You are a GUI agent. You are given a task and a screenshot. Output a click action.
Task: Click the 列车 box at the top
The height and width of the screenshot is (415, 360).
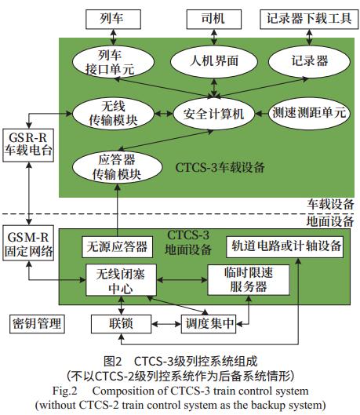(113, 20)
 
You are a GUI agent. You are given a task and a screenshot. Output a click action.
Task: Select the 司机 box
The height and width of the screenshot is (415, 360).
(213, 20)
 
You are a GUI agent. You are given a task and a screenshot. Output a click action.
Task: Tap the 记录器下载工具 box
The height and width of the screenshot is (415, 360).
(309, 20)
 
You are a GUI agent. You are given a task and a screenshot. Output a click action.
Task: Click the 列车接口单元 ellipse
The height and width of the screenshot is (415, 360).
(113, 62)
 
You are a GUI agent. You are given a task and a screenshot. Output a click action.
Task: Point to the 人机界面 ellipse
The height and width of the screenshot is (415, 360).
(213, 61)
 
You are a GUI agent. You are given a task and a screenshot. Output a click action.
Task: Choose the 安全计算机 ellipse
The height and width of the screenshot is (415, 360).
(213, 114)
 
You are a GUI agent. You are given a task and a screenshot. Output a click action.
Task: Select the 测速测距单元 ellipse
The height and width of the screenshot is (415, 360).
(309, 113)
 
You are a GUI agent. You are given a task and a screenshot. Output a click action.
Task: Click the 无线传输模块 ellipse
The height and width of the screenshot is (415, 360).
(113, 114)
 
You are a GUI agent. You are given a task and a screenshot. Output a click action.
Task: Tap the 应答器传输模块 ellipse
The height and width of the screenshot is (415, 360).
(117, 167)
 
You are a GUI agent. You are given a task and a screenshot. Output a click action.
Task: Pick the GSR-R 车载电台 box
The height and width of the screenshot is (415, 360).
(28, 145)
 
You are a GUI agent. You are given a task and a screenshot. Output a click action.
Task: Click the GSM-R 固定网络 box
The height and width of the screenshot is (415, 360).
(28, 243)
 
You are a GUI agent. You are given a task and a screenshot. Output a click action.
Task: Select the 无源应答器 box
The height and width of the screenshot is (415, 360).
(117, 247)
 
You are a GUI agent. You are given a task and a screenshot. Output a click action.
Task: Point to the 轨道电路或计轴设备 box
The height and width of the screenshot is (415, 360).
(285, 246)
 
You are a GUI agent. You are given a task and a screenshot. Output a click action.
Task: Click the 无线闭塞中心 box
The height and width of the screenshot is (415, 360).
(121, 280)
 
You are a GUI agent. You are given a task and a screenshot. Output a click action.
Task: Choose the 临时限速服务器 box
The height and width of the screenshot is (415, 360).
(249, 280)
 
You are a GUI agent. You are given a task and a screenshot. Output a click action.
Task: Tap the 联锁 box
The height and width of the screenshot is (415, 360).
(121, 324)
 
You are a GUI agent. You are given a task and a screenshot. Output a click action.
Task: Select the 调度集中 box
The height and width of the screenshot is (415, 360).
(209, 324)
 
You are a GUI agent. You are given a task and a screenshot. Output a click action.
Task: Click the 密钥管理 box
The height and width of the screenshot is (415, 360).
(37, 324)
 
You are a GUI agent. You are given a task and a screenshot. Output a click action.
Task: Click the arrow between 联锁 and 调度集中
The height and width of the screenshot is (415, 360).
(166, 324)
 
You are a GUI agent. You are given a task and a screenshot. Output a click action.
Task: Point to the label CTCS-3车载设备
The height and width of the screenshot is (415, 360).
(220, 168)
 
